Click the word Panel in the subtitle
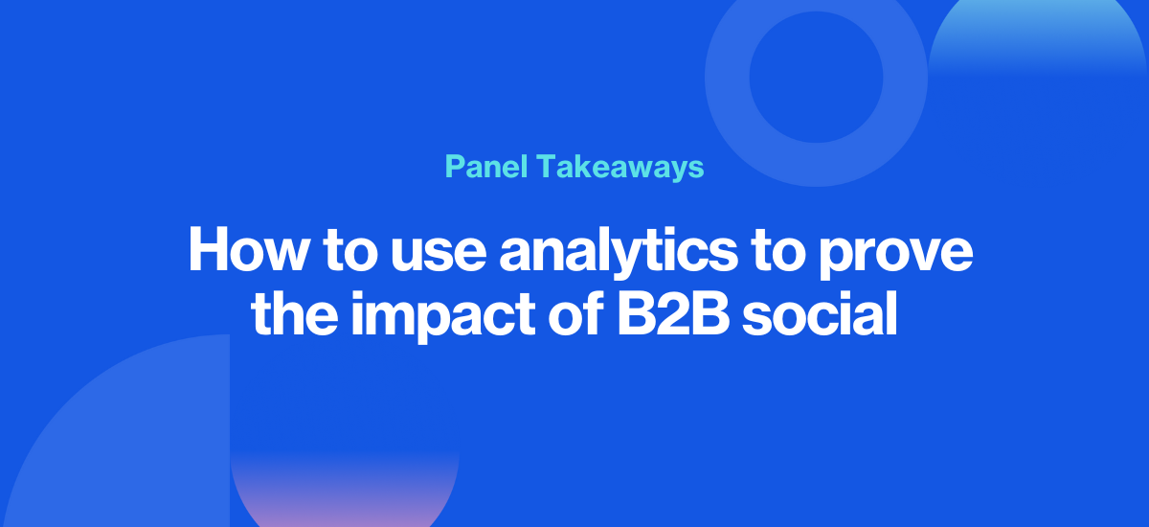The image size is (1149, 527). [486, 167]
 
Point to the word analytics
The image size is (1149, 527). [619, 251]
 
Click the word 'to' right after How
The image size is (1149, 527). [350, 251]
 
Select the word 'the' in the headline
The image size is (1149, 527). [295, 313]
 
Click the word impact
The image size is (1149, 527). [443, 315]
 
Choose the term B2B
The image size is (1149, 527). [673, 313]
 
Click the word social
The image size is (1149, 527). [820, 313]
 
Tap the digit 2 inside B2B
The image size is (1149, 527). [673, 313]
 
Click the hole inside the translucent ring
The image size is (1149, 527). [816, 77]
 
